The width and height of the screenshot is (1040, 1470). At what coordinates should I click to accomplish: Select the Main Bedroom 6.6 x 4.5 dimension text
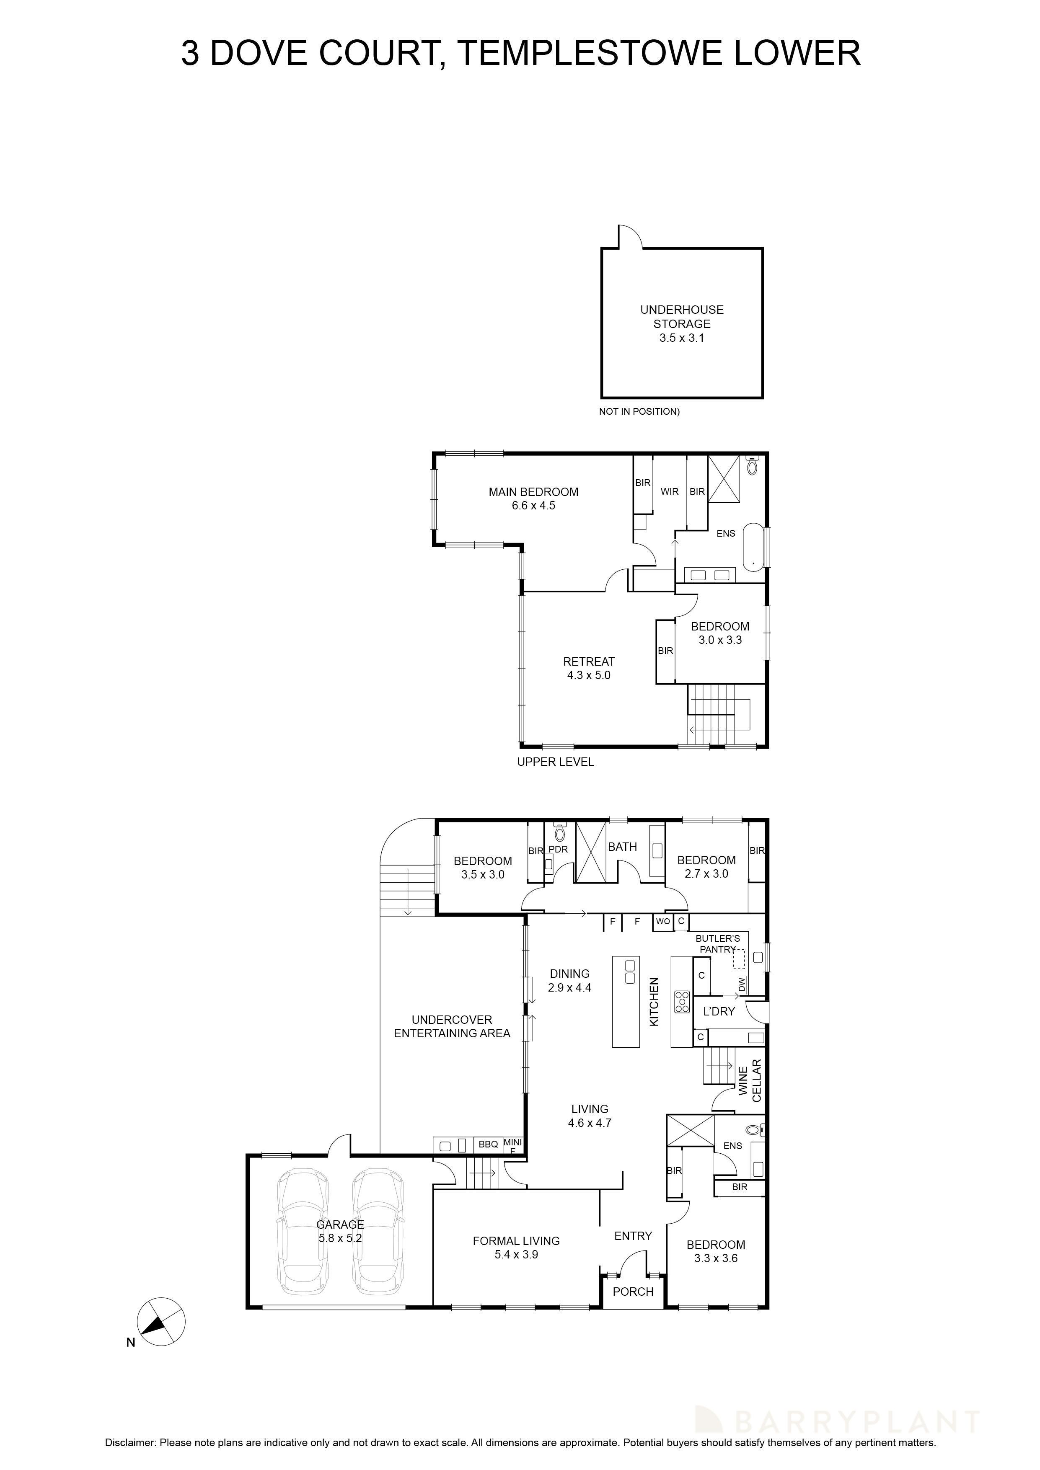pos(533,506)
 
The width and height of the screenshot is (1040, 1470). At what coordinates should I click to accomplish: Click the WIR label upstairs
pos(669,492)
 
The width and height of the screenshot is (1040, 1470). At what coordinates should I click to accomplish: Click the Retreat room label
pos(589,661)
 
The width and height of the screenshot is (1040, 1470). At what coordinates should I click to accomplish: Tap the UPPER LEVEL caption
pos(555,762)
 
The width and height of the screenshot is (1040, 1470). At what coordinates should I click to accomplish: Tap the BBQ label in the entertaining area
pos(488,1144)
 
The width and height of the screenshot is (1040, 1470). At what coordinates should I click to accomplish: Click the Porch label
pos(633,1292)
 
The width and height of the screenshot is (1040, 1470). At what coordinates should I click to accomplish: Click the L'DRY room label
pos(719,1012)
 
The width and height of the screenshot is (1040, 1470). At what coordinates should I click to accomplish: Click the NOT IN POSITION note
pos(639,412)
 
